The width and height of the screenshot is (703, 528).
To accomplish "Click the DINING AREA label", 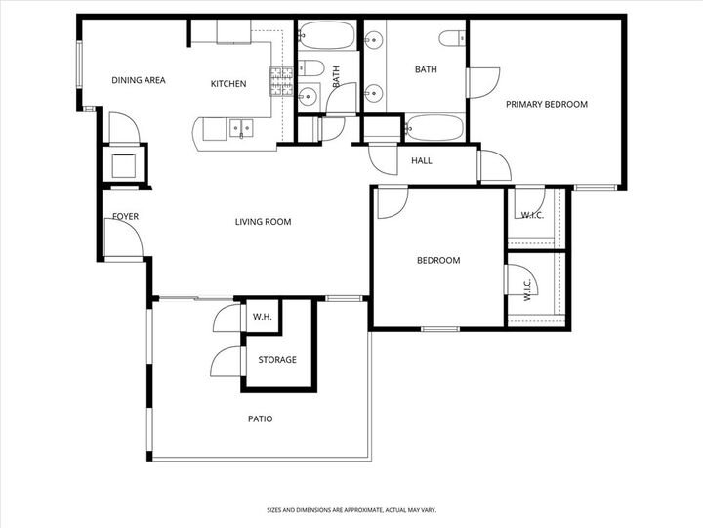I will coord(138,81).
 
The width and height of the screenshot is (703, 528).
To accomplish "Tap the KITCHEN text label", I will coord(228,84).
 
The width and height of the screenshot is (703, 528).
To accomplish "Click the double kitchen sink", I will coord(239,127).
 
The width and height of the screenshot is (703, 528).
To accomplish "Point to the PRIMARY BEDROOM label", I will coord(546,104).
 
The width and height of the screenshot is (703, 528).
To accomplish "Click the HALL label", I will coord(421,161).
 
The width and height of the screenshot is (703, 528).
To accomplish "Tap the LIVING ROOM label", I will coord(263,222).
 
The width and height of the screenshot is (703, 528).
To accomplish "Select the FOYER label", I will coord(124,216).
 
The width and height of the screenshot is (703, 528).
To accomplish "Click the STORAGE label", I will coord(277,360).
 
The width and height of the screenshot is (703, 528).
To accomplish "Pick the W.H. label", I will coord(262,317).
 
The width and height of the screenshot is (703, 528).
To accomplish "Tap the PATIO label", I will coord(259,419).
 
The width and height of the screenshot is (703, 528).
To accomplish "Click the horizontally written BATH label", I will coord(426,69).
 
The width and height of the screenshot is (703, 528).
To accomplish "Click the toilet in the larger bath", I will coord(450,39).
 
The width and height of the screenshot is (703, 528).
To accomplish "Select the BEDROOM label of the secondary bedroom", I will coord(438,261).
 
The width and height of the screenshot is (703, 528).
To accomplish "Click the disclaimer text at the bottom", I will coord(351,509).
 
